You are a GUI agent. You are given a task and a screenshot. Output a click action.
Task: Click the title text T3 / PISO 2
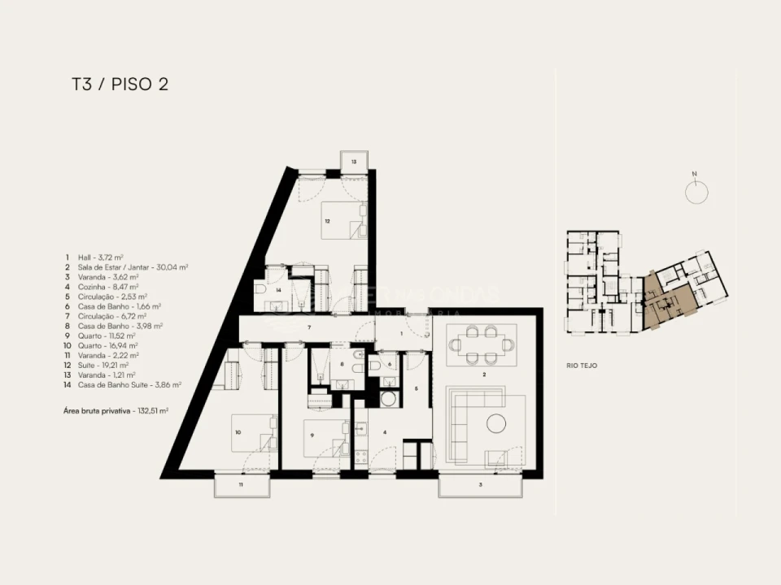click(x=120, y=84)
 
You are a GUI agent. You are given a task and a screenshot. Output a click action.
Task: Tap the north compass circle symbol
click(x=696, y=192)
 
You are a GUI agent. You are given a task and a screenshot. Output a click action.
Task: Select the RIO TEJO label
click(x=582, y=366)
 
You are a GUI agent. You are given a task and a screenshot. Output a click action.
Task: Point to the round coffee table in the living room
click(x=496, y=423)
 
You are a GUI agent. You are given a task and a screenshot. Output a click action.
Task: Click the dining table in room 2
click(x=482, y=344)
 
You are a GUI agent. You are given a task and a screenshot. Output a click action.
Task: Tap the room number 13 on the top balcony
click(x=353, y=162)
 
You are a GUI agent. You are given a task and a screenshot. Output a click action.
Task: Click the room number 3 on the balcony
click(x=479, y=485)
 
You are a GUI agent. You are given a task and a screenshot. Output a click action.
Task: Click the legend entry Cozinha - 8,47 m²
click(x=106, y=287)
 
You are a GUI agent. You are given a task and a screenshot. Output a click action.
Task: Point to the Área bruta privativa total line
click(x=116, y=411)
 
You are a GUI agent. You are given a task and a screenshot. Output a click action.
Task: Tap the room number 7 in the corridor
click(x=309, y=327)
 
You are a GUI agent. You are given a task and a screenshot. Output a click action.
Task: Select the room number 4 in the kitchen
click(x=385, y=432)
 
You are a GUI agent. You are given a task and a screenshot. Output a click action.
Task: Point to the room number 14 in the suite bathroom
click(x=277, y=289)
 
